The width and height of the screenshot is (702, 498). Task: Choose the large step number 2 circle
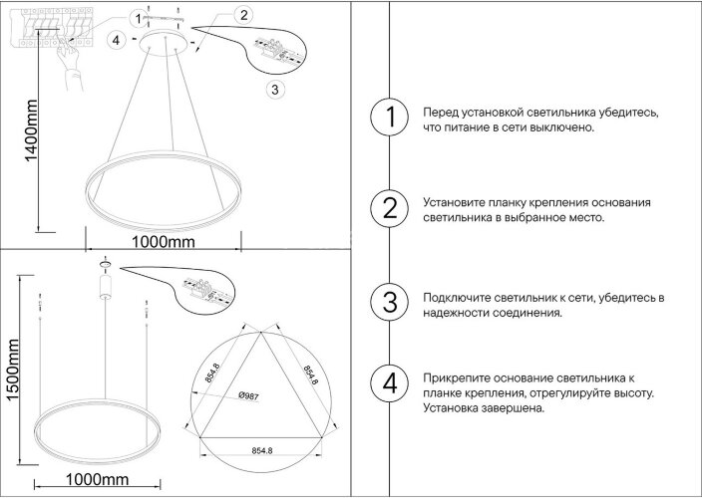[389, 208]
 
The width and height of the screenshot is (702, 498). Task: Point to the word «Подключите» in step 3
[454, 298]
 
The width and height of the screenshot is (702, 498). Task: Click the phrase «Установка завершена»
[484, 407]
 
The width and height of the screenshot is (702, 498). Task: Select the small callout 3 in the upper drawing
[276, 89]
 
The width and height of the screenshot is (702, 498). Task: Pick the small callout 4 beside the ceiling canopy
[117, 40]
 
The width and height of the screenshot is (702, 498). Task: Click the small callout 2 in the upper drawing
[243, 15]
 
